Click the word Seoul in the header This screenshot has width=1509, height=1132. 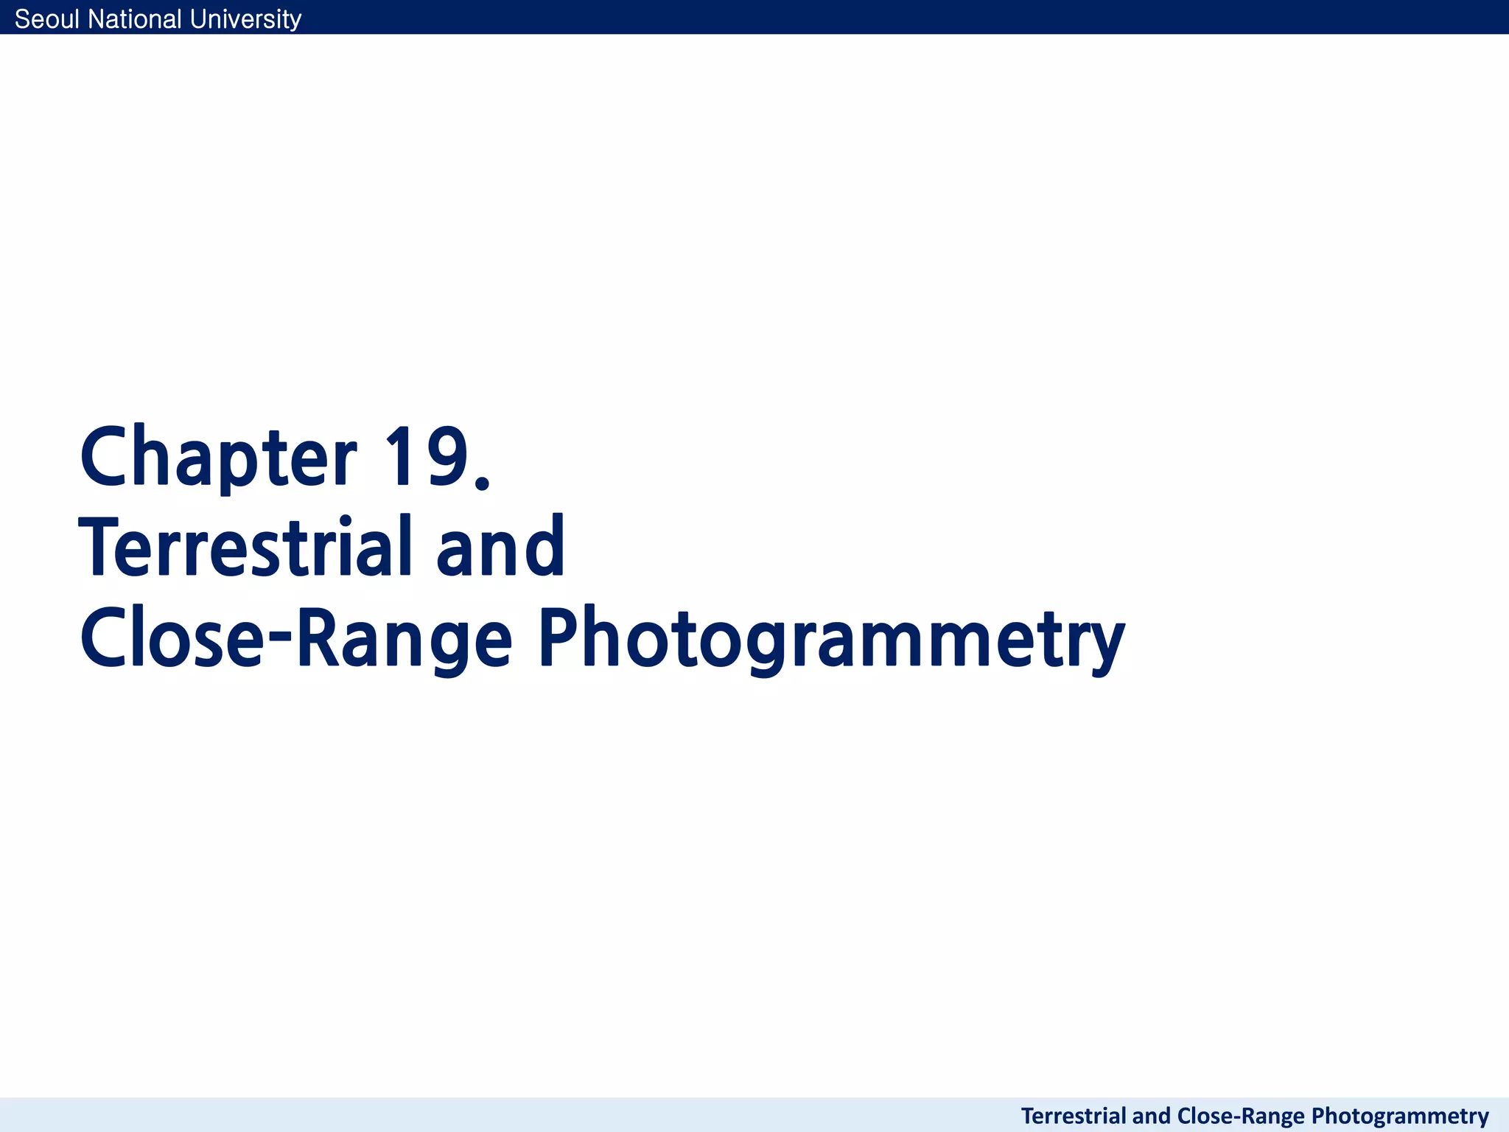47,19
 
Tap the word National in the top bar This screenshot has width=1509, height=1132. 135,19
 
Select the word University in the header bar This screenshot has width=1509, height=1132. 245,19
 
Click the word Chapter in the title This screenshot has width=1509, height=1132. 218,457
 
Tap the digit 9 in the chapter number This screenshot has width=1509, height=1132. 445,457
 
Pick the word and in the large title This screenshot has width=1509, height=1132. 500,548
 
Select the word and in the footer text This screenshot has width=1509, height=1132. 1152,1116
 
